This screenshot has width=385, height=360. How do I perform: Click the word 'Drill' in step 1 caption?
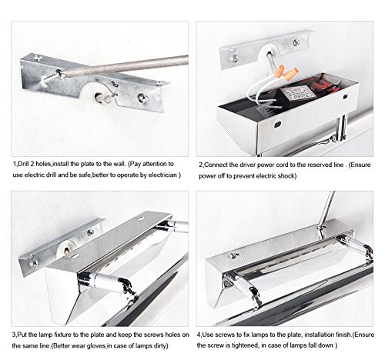(x=23, y=164)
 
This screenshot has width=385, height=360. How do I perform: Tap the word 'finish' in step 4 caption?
(x=343, y=335)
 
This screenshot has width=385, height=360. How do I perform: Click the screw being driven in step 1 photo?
(x=51, y=78)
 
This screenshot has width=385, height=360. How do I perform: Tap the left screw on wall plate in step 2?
(x=234, y=58)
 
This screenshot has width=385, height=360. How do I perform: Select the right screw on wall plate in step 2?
(x=296, y=42)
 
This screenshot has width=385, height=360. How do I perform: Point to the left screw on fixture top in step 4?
(x=233, y=255)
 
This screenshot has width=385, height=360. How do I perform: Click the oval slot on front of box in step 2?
(x=277, y=125)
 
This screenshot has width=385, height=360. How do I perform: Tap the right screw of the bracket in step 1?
(x=142, y=98)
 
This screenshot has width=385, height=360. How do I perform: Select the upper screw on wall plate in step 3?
(x=90, y=233)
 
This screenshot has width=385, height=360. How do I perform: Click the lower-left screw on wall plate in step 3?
(x=33, y=263)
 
